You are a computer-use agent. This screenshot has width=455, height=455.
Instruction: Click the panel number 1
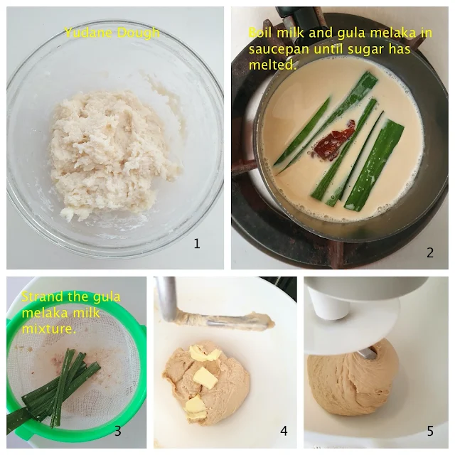[197, 244]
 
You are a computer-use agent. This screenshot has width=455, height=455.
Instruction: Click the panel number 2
[430, 252]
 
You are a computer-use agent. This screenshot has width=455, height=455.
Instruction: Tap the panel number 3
[118, 430]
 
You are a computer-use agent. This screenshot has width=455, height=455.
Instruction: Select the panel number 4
[284, 430]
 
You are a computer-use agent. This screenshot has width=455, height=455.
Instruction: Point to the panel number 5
[429, 430]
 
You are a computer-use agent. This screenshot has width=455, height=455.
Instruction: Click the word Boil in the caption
[260, 33]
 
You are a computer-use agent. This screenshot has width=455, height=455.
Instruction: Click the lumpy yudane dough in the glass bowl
[107, 153]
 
